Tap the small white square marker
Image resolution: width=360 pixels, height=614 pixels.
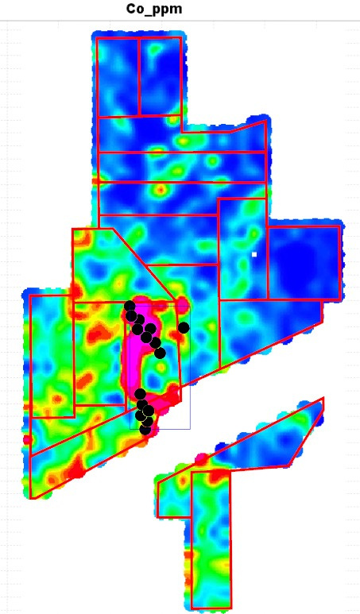click(254, 254)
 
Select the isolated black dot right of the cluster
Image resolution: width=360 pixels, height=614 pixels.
click(184, 327)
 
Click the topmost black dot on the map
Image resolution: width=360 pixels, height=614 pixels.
click(130, 306)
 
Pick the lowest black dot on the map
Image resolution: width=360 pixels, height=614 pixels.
click(145, 430)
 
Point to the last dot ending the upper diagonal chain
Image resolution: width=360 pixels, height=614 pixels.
click(160, 353)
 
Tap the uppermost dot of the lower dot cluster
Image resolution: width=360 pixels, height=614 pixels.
click(140, 393)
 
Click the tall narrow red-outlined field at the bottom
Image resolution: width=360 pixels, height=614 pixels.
click(211, 540)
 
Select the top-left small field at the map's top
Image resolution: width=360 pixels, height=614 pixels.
click(118, 76)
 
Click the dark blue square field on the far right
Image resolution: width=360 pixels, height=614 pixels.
click(304, 262)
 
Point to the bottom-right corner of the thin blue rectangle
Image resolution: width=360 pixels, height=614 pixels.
click(190, 429)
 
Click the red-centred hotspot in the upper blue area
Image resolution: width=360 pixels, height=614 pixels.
click(160, 191)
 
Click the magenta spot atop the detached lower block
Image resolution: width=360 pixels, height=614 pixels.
click(201, 459)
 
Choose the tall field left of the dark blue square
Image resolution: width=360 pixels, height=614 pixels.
click(242, 249)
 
